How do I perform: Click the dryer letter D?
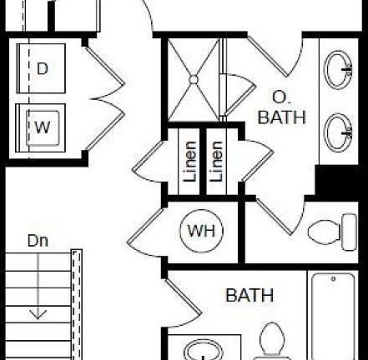pos(43,68)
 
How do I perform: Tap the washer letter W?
pos(43,127)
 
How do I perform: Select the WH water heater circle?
pos(202,231)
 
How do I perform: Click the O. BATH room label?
pos(281,107)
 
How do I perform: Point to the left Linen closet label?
pos(191,162)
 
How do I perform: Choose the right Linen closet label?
pos(217,162)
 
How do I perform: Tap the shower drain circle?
pos(194,80)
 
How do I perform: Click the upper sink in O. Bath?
pos(338,70)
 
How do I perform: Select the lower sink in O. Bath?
pos(338,132)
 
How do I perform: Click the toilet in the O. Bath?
pos(332,232)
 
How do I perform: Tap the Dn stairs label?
pos(38,241)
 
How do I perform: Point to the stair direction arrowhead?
pos(38,315)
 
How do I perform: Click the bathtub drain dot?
pos(333,278)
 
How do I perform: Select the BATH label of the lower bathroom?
pos(250,295)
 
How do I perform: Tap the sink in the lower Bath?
pos(204,350)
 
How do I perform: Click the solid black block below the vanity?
pos(337,180)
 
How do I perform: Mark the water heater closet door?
pos(145,226)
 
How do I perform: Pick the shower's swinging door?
pos(237,95)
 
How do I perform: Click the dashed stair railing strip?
pos(77,304)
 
